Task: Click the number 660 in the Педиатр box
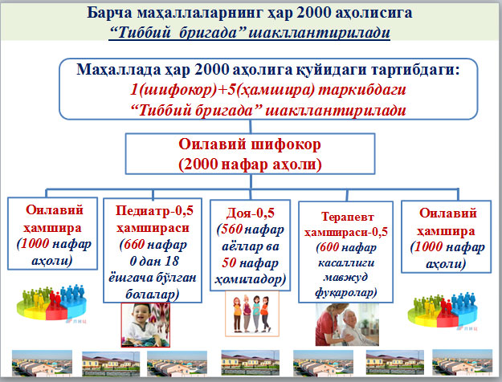pos(134,245)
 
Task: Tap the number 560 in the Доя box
pos(231,229)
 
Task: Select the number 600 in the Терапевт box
pos(330,247)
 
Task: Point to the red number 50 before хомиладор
pos(229,262)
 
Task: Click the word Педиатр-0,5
pos(154,210)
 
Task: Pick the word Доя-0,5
pos(251,213)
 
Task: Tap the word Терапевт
pos(348,217)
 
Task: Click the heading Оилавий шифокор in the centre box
pos(250,144)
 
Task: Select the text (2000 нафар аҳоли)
pos(250,165)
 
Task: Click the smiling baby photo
pos(145,325)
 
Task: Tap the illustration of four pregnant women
pos(252,314)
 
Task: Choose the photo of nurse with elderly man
pos(347,324)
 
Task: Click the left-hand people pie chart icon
pos(52,303)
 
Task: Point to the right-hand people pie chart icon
pos(443,310)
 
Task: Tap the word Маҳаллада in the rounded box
pos(118,70)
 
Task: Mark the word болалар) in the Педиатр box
pos(153,294)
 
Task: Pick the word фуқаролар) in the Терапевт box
pos(345,292)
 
